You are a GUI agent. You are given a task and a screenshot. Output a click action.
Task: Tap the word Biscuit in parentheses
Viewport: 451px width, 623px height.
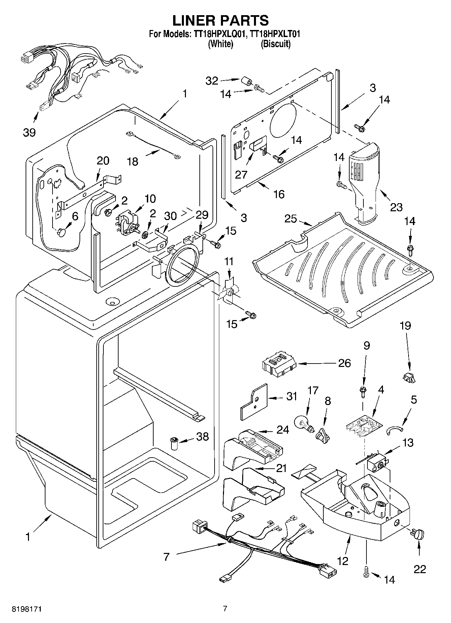tap(276, 44)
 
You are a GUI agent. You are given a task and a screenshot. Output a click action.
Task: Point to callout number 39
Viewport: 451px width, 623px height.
tap(29, 132)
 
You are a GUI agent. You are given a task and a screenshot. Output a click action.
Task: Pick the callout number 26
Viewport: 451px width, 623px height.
tap(345, 363)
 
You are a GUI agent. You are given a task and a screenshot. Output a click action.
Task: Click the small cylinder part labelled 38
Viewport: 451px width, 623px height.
tap(174, 443)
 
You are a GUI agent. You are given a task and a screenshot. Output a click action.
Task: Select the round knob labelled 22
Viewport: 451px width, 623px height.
tap(418, 534)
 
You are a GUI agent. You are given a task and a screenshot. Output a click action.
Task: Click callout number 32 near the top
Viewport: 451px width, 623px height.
tap(212, 81)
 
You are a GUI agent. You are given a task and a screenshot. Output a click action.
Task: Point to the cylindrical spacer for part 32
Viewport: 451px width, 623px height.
tap(246, 82)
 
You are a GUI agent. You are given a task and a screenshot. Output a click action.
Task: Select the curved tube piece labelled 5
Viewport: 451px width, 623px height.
tap(395, 430)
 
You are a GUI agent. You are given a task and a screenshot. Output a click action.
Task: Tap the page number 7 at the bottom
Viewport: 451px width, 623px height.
tap(225, 609)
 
